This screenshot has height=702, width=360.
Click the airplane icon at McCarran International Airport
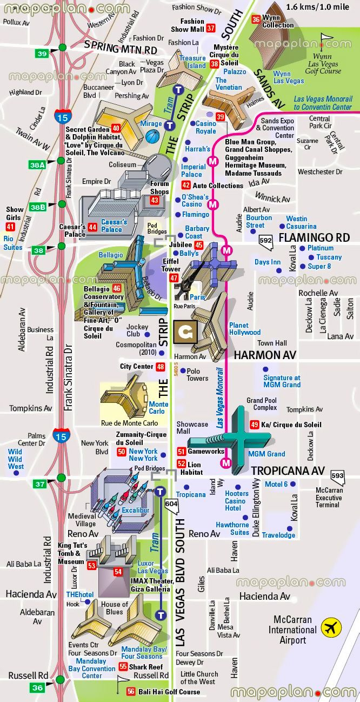tap(331, 628)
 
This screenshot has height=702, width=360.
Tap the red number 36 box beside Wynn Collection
tap(256, 20)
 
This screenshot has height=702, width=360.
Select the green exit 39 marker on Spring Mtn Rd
tap(42, 53)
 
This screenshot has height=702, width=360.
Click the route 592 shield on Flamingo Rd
tap(266, 240)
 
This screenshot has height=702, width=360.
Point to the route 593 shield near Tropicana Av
tap(337, 476)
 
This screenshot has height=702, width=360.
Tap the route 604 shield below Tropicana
tap(171, 505)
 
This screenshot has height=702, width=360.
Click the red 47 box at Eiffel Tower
tap(174, 278)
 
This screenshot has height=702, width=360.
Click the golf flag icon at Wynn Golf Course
tap(326, 40)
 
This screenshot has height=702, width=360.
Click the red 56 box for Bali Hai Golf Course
tap(131, 692)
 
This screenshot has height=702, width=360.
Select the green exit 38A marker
tap(37, 165)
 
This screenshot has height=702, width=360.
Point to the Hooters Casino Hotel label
tap(237, 501)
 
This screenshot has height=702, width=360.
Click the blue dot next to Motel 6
tap(292, 484)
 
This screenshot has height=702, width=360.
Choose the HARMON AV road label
tap(265, 355)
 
